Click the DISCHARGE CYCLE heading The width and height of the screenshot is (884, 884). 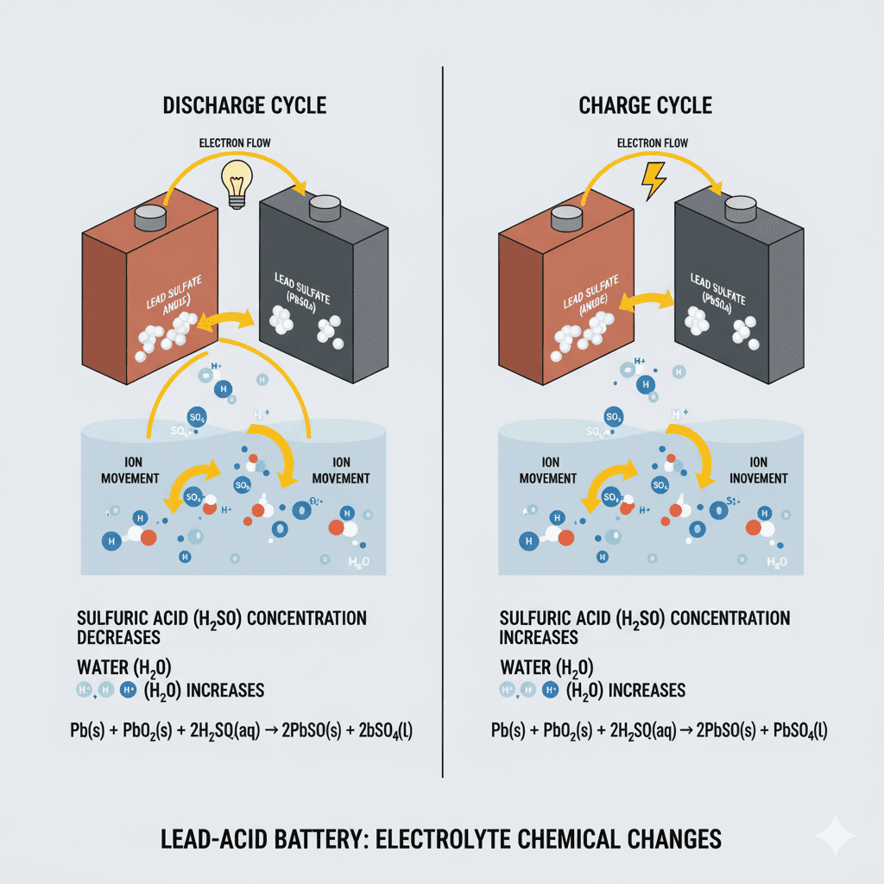(245, 106)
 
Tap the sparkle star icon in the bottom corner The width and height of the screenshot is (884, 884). (836, 836)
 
